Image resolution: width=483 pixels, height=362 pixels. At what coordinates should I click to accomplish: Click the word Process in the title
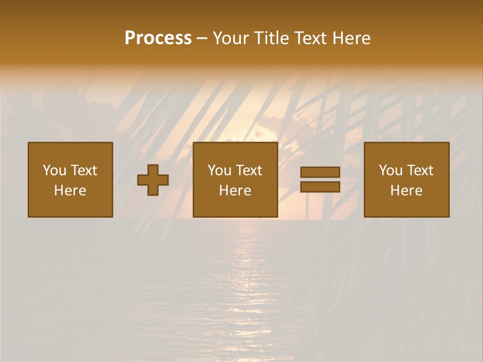(158, 38)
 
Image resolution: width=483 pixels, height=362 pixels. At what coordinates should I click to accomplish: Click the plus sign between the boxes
(153, 180)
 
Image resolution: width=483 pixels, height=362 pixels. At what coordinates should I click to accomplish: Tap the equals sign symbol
(320, 179)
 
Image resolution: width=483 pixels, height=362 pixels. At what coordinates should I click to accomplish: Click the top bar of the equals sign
(320, 172)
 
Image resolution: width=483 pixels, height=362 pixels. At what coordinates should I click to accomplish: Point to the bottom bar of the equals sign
(320, 187)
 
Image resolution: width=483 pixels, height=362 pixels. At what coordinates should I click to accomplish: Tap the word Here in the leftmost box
(70, 191)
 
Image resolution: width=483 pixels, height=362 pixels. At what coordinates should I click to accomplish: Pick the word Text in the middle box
(249, 170)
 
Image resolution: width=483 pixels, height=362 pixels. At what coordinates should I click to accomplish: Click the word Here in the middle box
(235, 191)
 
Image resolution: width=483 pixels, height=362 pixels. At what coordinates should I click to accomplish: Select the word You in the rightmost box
(390, 170)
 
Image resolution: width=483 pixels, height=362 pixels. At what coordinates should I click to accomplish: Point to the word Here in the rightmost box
(407, 191)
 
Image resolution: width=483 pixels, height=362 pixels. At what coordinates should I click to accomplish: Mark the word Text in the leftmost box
(84, 170)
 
